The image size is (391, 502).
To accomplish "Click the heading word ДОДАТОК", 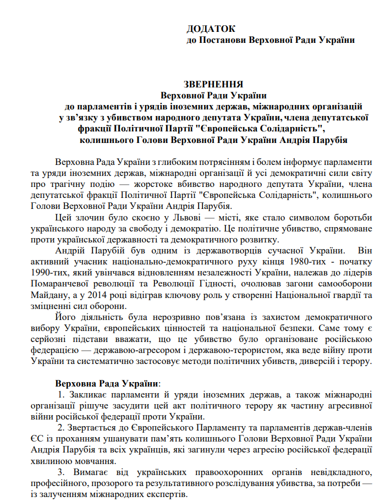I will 210,29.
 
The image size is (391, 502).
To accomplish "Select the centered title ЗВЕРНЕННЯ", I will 213,85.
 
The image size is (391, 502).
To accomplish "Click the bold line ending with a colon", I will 108,383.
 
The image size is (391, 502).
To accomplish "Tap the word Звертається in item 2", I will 97,428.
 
